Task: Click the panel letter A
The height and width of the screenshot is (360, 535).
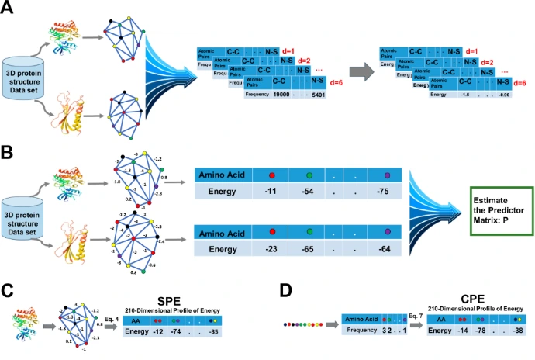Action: [x=9, y=9]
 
